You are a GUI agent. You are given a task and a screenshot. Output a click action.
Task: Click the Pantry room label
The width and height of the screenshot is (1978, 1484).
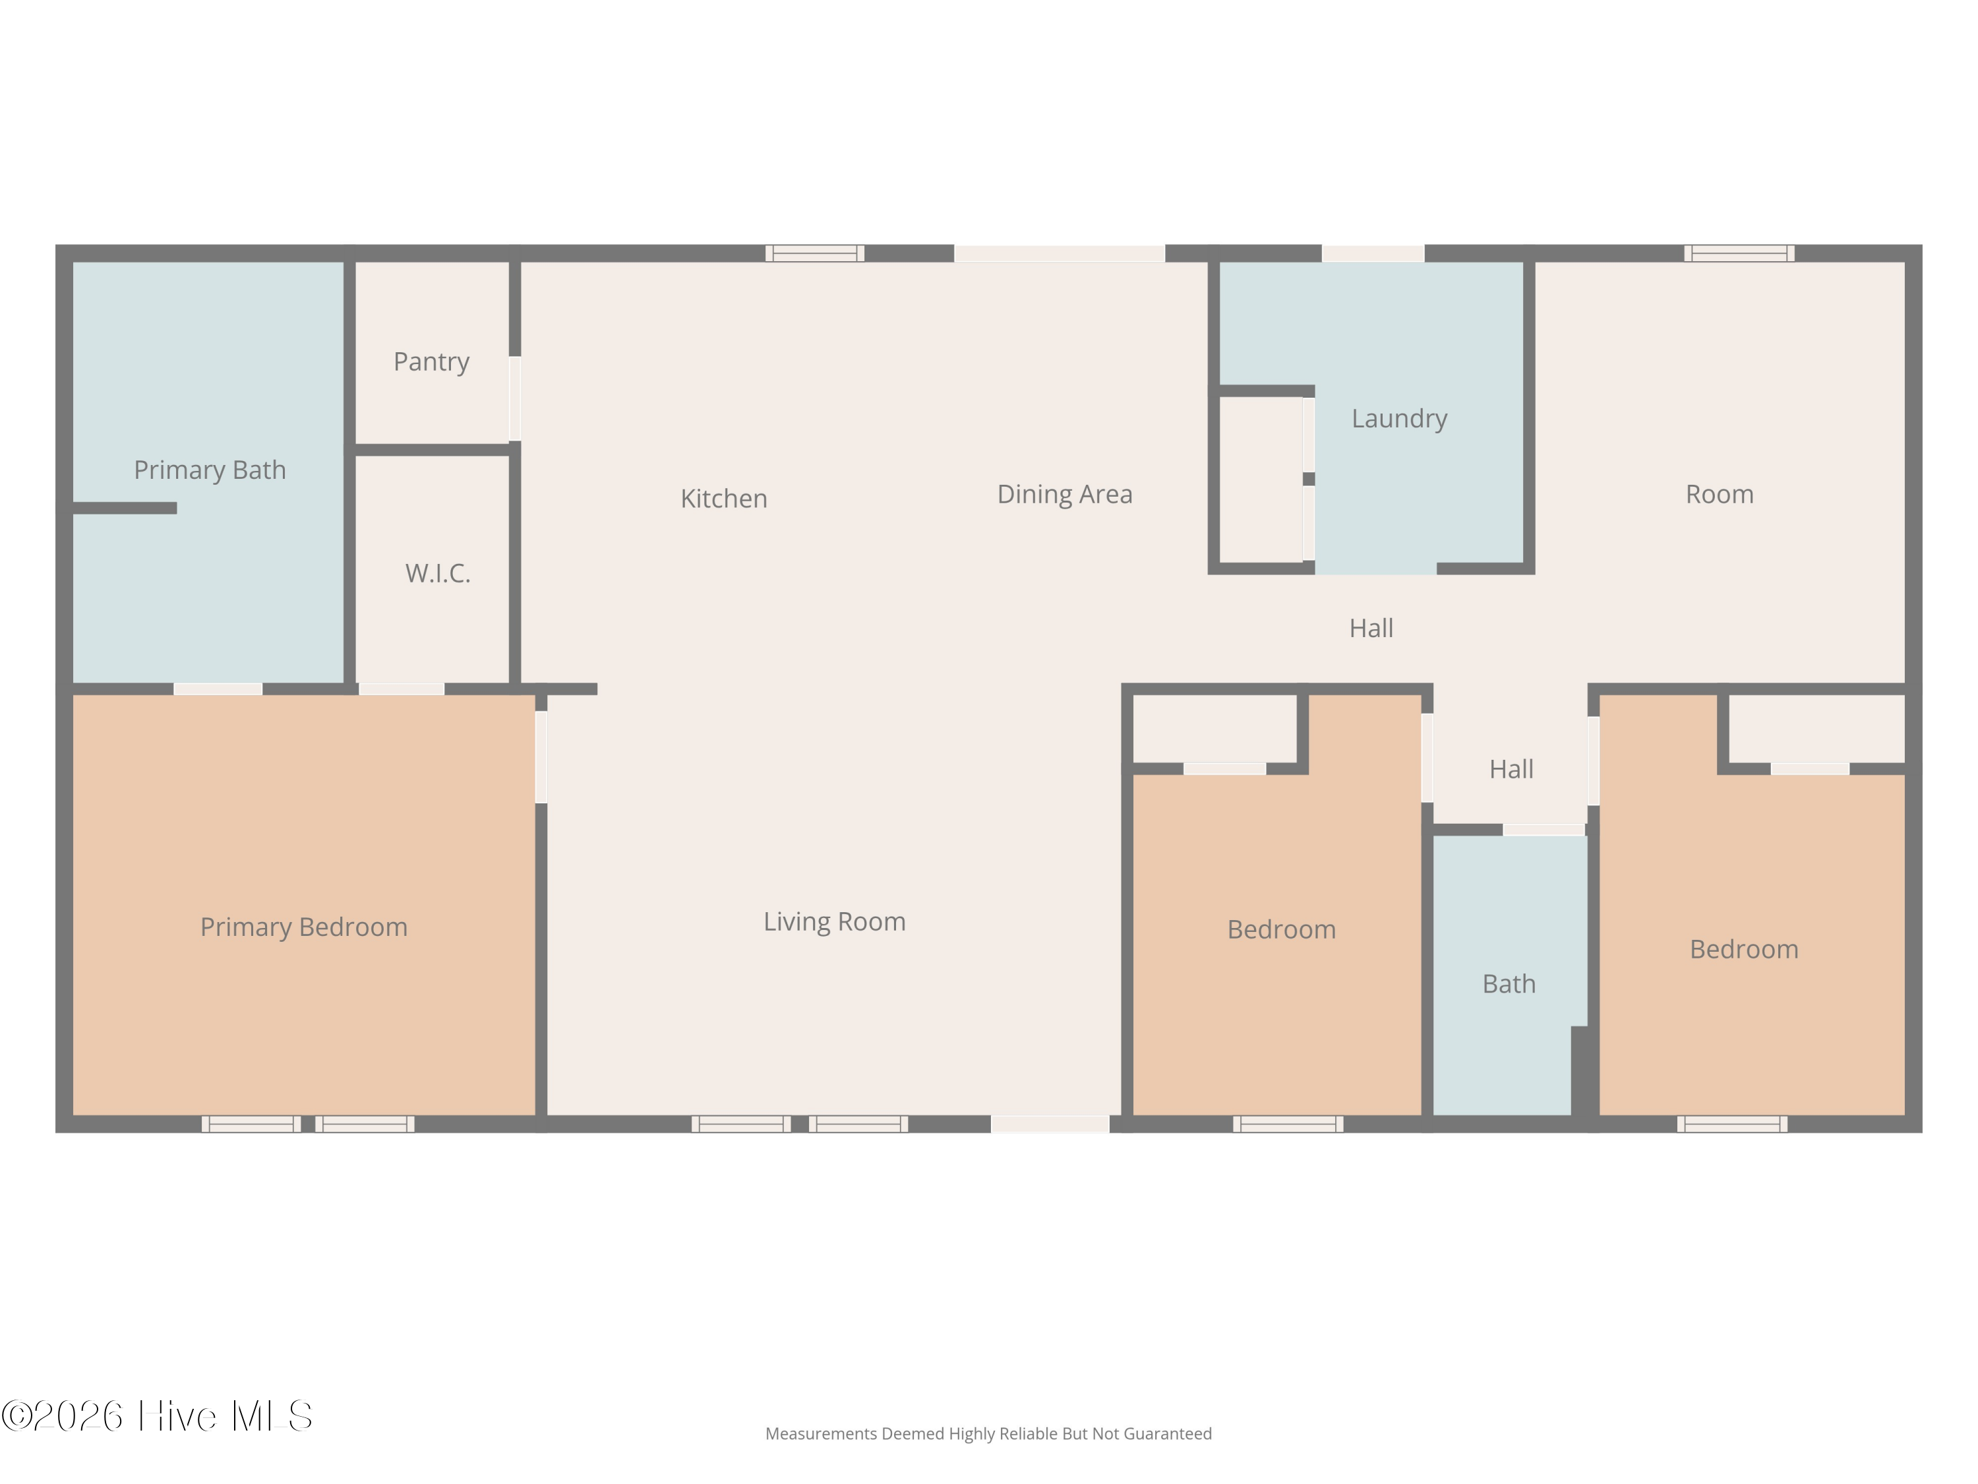click(x=431, y=362)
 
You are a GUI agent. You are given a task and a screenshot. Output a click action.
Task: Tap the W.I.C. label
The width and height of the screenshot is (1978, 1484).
click(x=437, y=573)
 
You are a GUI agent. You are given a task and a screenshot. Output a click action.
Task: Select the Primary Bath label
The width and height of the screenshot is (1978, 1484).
click(x=210, y=470)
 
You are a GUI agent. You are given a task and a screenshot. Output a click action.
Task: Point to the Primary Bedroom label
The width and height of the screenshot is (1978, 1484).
click(x=304, y=927)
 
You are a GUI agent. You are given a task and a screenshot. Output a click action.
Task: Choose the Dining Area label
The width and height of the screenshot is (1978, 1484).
click(x=1065, y=495)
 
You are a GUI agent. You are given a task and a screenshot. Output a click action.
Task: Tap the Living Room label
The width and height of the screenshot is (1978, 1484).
click(x=834, y=922)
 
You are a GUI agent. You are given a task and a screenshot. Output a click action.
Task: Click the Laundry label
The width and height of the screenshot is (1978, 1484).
click(x=1400, y=419)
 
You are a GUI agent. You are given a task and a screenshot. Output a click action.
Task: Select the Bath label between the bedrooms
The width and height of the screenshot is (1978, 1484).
click(x=1509, y=984)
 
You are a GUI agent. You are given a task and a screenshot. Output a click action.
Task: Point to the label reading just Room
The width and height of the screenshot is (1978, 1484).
click(x=1720, y=495)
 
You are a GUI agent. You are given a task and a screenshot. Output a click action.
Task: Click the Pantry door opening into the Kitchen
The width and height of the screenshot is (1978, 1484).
click(x=515, y=398)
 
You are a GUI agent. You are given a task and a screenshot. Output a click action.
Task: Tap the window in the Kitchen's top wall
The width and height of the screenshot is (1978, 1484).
click(x=815, y=253)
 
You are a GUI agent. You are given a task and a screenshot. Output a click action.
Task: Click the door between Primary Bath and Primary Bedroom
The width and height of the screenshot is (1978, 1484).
click(x=218, y=689)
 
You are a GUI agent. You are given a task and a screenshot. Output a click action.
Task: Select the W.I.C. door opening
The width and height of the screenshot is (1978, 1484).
click(x=402, y=689)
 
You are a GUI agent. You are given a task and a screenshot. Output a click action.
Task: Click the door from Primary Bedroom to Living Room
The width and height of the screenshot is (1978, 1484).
click(x=541, y=757)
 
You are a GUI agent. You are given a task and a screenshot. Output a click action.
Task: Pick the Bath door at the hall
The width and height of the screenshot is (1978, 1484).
click(x=1544, y=830)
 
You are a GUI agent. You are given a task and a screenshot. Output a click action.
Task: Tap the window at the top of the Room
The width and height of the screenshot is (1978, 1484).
click(x=1739, y=253)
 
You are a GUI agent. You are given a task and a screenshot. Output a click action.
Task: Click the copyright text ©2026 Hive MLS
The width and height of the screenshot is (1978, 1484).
click(x=156, y=1415)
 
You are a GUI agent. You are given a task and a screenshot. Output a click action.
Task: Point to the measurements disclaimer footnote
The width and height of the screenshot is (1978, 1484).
click(x=988, y=1434)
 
